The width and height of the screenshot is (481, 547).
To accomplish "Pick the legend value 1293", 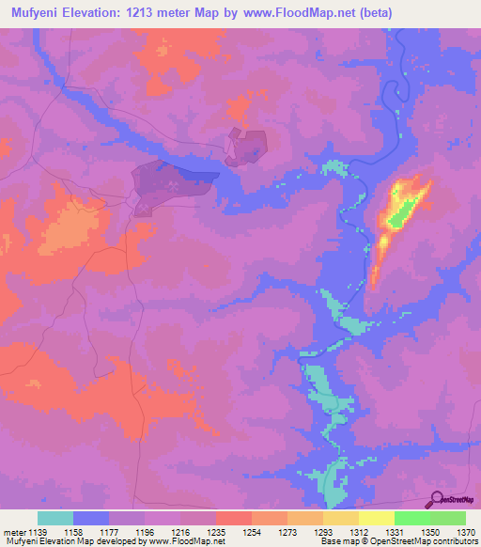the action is tap(321, 532).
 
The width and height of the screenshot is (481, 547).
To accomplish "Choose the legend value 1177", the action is tap(110, 532).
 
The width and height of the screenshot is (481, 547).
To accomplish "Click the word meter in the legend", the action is tap(13, 532).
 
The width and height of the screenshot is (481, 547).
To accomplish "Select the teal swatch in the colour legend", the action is tap(55, 518).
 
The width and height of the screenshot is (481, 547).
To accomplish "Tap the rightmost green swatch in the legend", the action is tap(448, 518).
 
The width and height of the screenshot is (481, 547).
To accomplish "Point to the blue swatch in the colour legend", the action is tap(91, 518).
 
